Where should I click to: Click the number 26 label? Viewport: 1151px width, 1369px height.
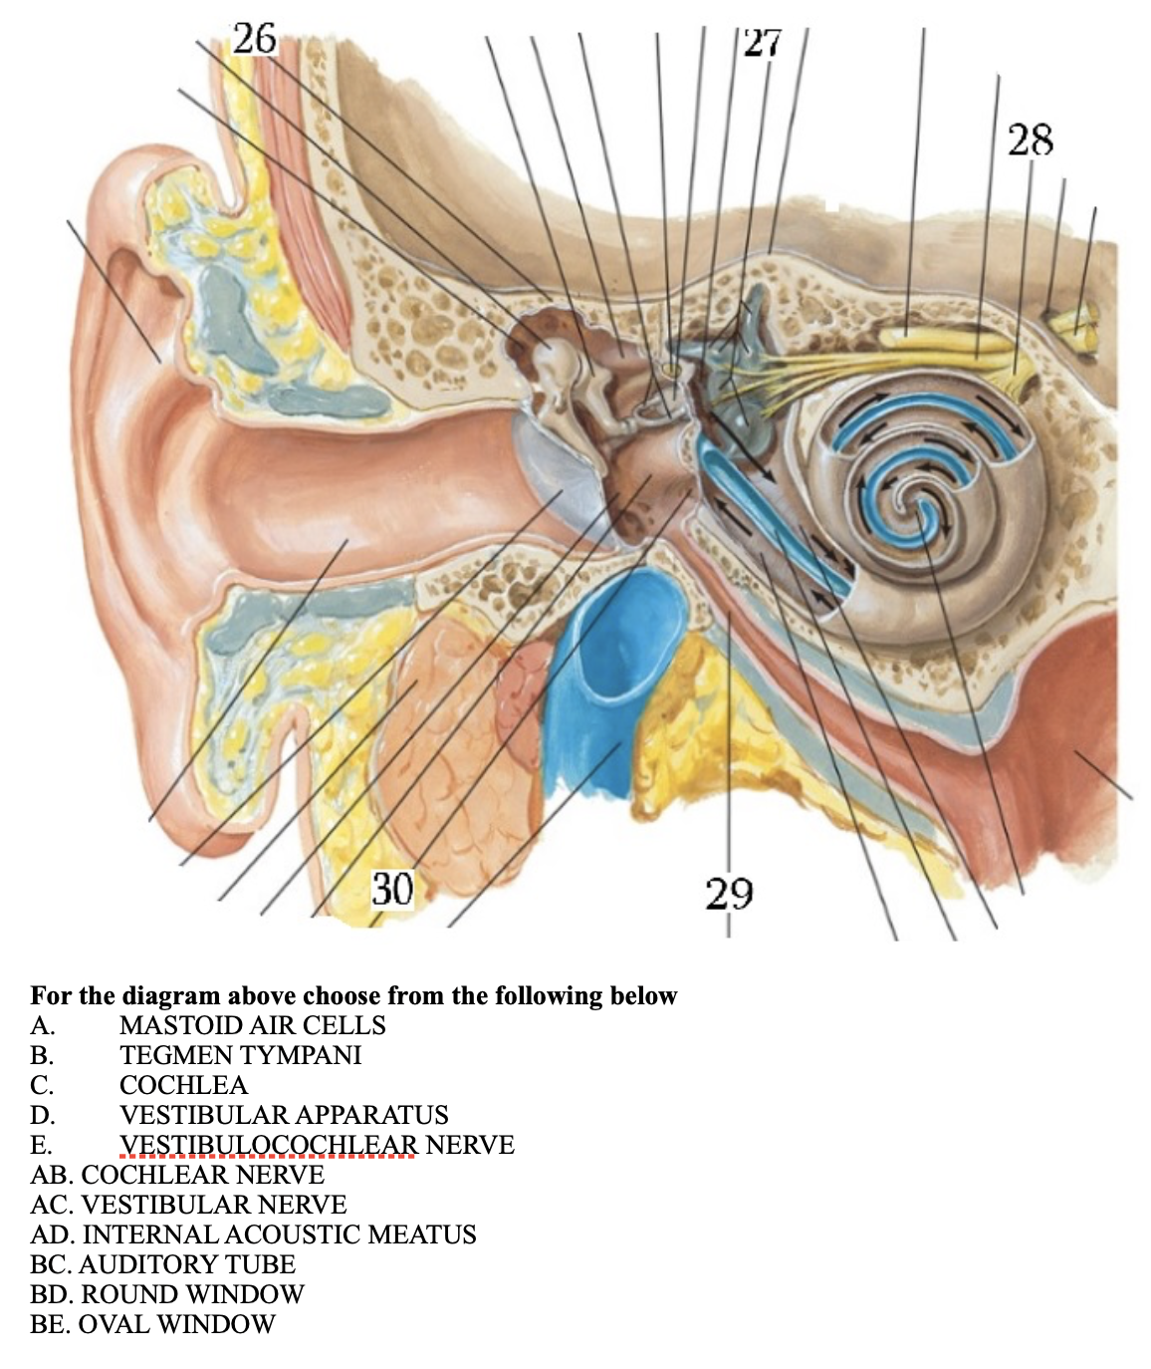tap(254, 38)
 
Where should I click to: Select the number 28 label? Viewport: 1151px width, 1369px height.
tap(1030, 139)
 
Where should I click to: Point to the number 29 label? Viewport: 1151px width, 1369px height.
tap(730, 893)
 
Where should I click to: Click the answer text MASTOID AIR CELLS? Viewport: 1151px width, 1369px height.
tap(252, 1025)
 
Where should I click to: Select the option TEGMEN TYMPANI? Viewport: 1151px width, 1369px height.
tap(240, 1055)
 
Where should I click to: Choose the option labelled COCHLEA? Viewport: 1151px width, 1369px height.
tap(183, 1085)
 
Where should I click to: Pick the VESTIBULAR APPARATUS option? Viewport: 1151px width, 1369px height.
tap(284, 1115)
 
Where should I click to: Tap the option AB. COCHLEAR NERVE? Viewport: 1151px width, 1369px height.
tap(177, 1175)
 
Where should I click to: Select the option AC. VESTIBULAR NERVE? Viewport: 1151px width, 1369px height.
tap(188, 1205)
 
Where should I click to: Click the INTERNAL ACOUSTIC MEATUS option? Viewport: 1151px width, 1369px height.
tap(253, 1234)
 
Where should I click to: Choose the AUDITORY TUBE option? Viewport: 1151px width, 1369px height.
tap(163, 1264)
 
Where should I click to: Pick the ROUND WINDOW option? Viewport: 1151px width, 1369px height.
tap(167, 1294)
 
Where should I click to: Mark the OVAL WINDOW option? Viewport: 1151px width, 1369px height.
tap(152, 1324)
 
